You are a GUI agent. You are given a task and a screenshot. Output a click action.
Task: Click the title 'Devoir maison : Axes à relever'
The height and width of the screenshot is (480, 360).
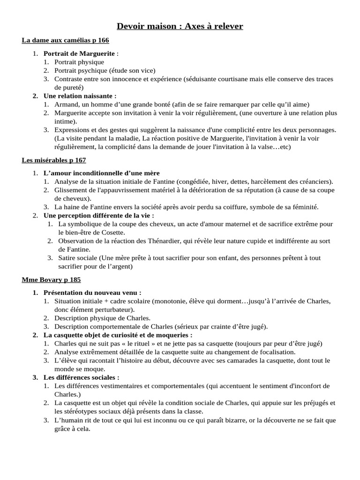180,26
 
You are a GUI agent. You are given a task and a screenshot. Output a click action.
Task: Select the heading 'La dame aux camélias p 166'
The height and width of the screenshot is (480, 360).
65,41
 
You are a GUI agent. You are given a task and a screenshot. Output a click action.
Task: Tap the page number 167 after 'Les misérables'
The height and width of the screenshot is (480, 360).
80,160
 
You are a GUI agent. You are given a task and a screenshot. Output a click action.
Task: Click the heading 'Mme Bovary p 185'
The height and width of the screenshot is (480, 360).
51,280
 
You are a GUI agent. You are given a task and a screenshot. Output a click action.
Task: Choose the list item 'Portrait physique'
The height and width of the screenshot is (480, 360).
79,62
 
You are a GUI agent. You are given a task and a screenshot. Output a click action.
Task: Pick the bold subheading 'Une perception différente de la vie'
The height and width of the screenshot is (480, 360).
98,216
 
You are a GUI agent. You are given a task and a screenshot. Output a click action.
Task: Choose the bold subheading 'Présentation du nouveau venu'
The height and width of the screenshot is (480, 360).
92,292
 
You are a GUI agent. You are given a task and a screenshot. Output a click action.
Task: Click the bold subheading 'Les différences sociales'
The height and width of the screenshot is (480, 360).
81,377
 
